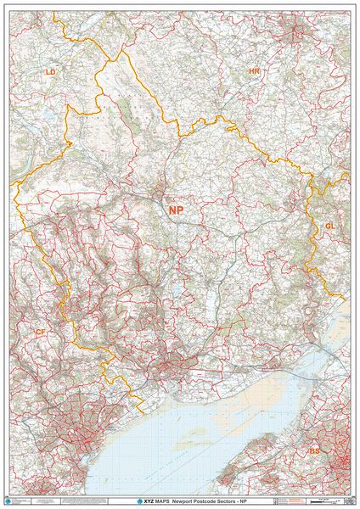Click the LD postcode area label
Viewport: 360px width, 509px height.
(x=50, y=73)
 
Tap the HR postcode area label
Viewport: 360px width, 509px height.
(x=254, y=72)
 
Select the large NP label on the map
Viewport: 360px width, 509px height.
(x=176, y=210)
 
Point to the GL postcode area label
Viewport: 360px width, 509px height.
(x=329, y=226)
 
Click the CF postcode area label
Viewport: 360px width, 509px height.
(x=40, y=332)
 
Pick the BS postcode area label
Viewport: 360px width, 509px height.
(x=315, y=450)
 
